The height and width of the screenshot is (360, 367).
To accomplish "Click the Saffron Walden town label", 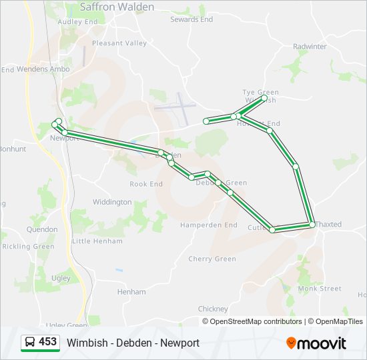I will [117, 7].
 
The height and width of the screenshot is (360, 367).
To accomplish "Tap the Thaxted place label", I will [328, 225].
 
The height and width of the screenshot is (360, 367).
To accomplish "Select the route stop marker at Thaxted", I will [312, 225].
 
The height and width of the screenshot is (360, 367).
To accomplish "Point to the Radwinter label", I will [310, 47].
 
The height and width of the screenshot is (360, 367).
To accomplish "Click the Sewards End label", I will [192, 20].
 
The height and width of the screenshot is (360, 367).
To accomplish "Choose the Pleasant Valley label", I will [119, 43].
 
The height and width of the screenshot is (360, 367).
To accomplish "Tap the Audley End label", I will [78, 21].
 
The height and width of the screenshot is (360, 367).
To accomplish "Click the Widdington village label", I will [112, 202].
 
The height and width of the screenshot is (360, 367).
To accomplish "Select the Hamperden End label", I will [209, 225].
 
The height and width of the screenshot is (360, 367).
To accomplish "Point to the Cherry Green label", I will [212, 259].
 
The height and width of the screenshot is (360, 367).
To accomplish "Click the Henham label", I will [131, 292].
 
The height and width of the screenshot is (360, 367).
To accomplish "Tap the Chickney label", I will [213, 309].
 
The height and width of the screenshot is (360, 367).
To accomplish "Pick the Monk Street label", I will [320, 289].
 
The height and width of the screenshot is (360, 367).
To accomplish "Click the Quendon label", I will [42, 229].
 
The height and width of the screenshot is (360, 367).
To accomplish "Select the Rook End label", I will [146, 184].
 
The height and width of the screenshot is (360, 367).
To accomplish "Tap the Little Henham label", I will [97, 241].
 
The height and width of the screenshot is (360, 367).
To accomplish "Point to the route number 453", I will [48, 342].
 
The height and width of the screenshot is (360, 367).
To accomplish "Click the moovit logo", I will [316, 343].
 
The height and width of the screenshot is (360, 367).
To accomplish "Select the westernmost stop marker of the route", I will [55, 125].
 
